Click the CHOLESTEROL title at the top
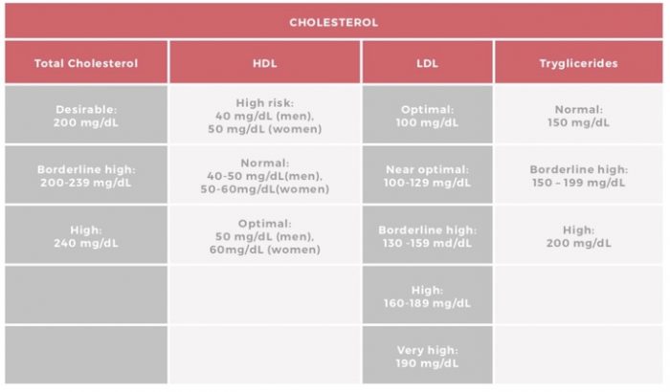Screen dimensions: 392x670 tap(334, 21)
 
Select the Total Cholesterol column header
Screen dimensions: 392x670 tap(86, 63)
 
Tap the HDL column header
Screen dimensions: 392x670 tap(264, 63)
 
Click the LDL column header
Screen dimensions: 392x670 tap(427, 63)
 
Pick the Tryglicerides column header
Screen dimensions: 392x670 tap(577, 63)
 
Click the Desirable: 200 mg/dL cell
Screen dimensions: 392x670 tap(86, 116)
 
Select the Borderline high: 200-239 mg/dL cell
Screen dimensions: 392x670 tap(86, 175)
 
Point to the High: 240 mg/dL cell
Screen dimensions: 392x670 tap(86, 235)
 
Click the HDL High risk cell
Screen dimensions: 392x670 tap(264, 115)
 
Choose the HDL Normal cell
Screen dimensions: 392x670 tap(264, 175)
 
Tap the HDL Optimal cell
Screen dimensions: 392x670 tap(264, 235)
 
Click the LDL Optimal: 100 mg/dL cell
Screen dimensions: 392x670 tap(427, 116)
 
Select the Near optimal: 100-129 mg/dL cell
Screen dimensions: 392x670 tap(427, 175)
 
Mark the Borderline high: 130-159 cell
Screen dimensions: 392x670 tap(427, 235)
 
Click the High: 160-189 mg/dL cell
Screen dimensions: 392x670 tap(427, 295)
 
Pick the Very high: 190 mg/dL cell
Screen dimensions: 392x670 tap(427, 356)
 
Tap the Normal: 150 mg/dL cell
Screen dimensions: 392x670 tap(577, 116)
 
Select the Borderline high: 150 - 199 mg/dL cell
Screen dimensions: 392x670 tap(577, 175)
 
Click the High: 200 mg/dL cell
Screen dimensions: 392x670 tap(577, 235)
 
